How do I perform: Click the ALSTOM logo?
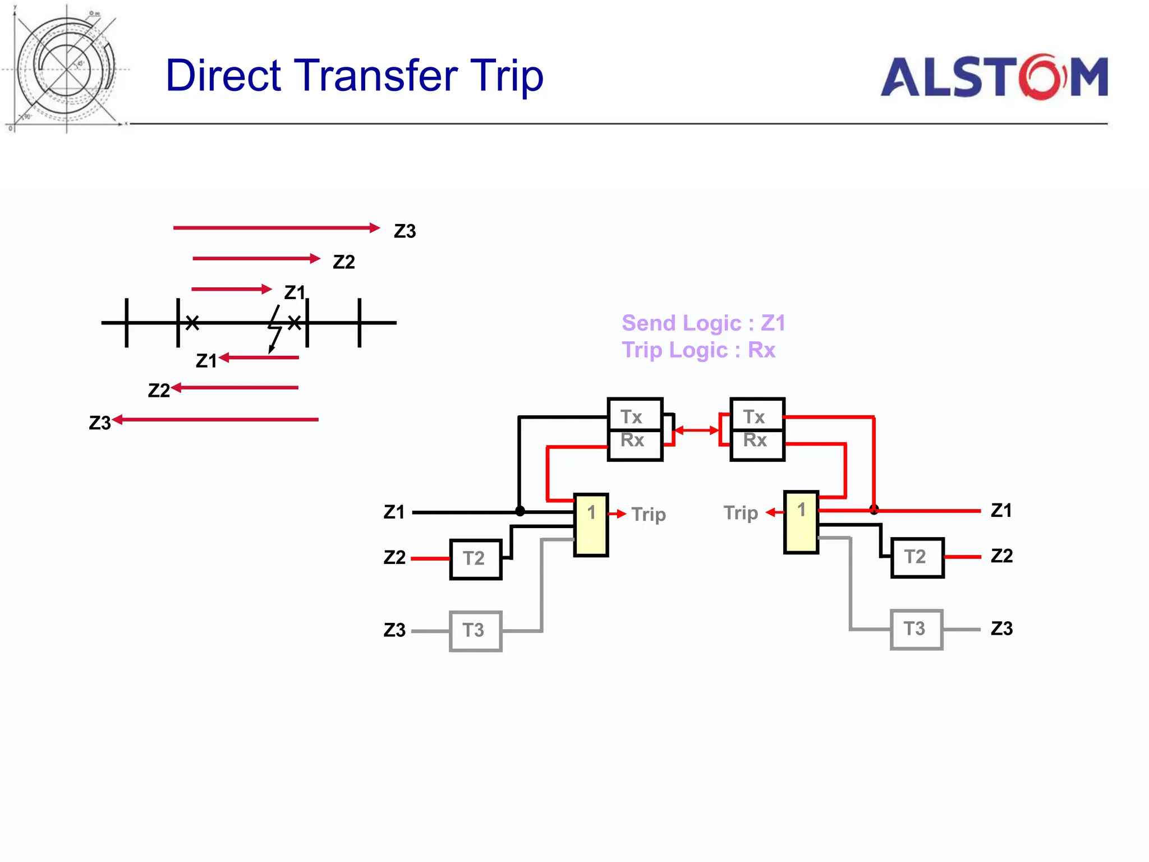(x=994, y=77)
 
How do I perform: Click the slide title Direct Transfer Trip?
(x=355, y=75)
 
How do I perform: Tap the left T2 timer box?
(x=475, y=559)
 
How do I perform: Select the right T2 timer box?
(x=917, y=557)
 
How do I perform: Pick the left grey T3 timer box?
(x=475, y=631)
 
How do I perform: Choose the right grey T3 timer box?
(x=916, y=629)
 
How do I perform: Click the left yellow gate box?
(x=591, y=525)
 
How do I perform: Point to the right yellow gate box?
(x=801, y=522)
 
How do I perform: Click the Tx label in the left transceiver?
(x=632, y=417)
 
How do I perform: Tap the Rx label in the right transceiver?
(x=755, y=441)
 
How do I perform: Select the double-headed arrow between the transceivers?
(x=696, y=430)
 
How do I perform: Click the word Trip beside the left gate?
(x=649, y=514)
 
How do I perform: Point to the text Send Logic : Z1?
(x=704, y=323)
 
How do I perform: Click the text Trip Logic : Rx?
(x=698, y=350)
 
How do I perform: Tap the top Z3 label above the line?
(x=405, y=231)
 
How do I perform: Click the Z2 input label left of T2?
(x=394, y=557)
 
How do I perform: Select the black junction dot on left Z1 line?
(x=520, y=511)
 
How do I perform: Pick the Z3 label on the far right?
(x=1001, y=629)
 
